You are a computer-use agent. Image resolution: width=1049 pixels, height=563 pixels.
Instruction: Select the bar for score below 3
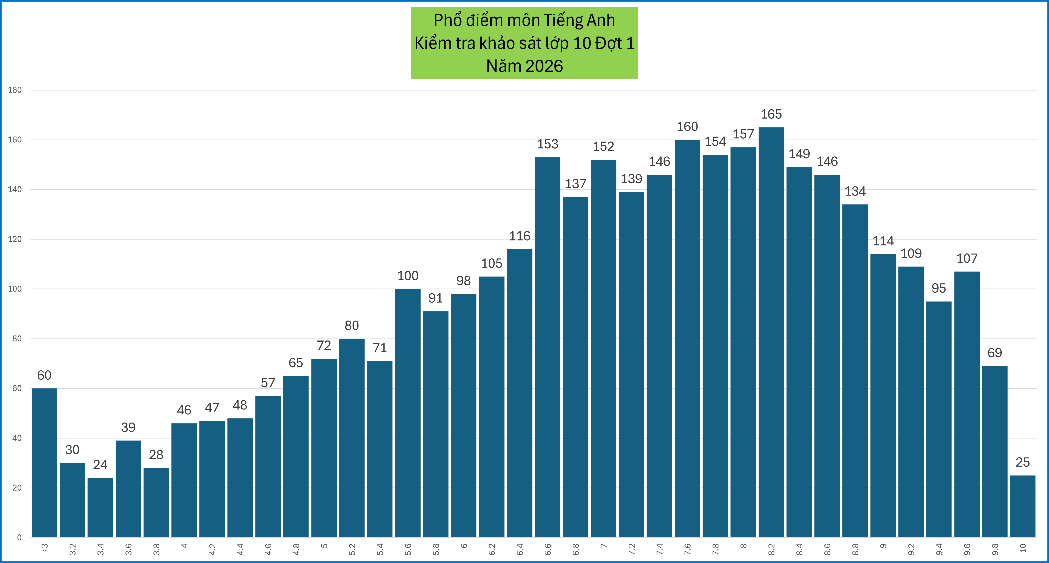pos(44,462)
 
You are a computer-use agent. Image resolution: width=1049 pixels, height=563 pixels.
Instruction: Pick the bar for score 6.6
pos(547,347)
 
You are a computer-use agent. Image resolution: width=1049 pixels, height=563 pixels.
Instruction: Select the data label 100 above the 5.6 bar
pos(408,276)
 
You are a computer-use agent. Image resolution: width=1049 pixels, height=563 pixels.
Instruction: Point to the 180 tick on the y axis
pos(15,90)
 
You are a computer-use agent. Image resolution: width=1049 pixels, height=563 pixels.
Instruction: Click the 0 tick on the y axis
pos(19,537)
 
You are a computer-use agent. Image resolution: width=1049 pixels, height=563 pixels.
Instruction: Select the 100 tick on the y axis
pos(15,289)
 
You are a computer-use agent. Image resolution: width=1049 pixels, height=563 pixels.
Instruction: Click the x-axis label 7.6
pos(687,549)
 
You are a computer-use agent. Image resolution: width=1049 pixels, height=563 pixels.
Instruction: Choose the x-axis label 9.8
pos(995,549)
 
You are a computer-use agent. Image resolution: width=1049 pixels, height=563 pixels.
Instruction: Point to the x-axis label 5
pos(324,546)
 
